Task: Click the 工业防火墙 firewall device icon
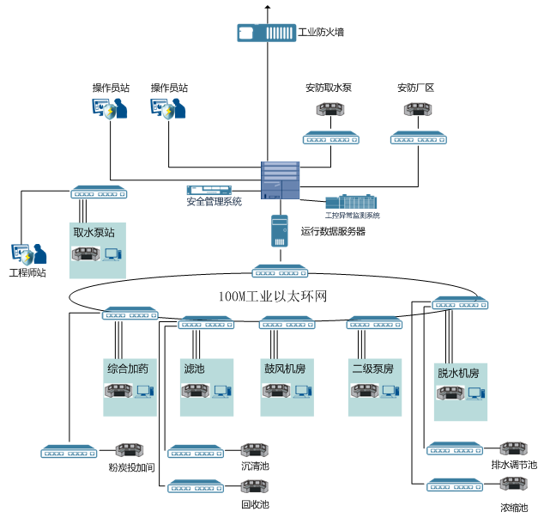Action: (266, 33)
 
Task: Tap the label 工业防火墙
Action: (320, 34)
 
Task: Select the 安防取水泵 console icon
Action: (329, 110)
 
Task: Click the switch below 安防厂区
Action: (419, 138)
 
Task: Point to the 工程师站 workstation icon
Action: (23, 254)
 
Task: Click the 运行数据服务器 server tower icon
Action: (280, 231)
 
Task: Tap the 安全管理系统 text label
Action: (214, 203)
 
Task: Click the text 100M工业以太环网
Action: (273, 296)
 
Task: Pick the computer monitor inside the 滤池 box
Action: (221, 392)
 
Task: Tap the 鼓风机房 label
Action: (285, 369)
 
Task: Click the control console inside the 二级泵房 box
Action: (364, 392)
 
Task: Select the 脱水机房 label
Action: (457, 374)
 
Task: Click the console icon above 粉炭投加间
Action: (130, 450)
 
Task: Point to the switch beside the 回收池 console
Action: (196, 487)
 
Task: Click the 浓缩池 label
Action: (514, 508)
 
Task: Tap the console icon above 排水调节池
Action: (514, 449)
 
